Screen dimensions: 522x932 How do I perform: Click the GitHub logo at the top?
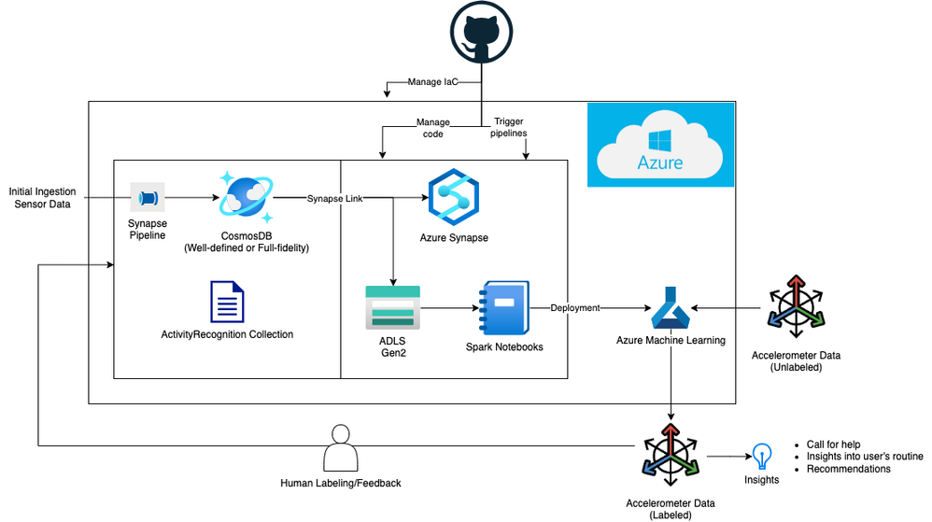coord(481,33)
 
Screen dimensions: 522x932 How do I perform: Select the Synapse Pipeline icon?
coord(147,198)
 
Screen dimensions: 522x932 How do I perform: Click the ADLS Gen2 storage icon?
coord(392,307)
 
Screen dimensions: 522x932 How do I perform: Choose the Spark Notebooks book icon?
coord(503,307)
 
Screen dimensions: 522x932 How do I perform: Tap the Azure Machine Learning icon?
coord(671,308)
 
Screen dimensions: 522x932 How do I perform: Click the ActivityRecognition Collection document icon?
coord(227,302)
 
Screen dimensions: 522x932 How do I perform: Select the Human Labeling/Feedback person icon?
coord(341,449)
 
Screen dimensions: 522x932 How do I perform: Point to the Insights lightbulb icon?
coord(762,456)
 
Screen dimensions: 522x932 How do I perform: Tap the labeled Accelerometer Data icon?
coord(671,455)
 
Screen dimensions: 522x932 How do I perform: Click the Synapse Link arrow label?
coord(334,199)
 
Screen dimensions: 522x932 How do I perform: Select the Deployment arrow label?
coord(575,308)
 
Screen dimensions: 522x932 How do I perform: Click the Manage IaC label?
coord(432,82)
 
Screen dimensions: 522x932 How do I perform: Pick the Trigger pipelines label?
coord(509,128)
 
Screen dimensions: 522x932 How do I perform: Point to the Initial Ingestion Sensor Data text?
coord(40,198)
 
